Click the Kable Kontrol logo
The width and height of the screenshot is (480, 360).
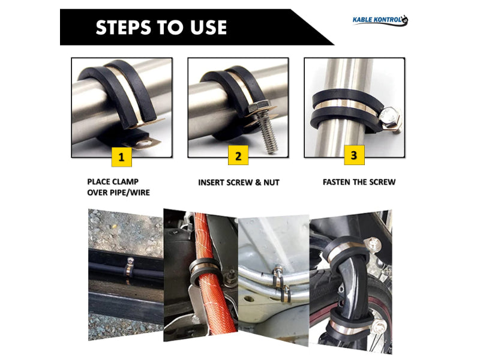point(380,20)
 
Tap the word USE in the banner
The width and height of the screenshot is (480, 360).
point(208,27)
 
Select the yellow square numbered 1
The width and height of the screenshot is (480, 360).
point(122,157)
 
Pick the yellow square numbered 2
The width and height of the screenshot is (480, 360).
point(238,155)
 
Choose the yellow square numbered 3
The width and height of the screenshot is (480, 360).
point(354,155)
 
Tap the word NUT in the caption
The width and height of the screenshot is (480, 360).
point(271,182)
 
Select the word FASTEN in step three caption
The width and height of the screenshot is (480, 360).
point(337,182)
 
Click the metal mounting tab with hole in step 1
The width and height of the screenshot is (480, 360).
point(142,143)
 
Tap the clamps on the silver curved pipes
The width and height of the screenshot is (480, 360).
point(281,282)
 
